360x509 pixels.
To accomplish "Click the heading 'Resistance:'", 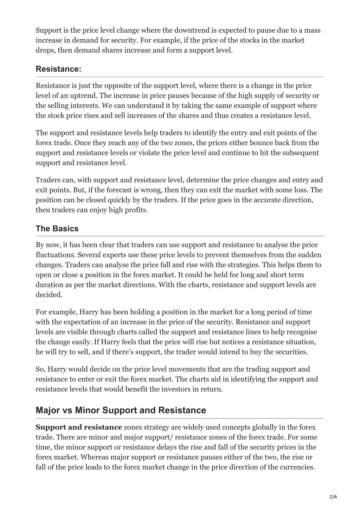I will (58, 69).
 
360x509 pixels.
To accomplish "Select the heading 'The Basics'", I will (57, 229).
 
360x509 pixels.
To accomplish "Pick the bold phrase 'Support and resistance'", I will (79, 428).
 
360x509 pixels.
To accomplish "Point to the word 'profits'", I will (135, 210).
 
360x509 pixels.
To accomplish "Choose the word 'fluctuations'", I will (56, 255).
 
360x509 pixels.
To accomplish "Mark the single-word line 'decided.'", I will (49, 295).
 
